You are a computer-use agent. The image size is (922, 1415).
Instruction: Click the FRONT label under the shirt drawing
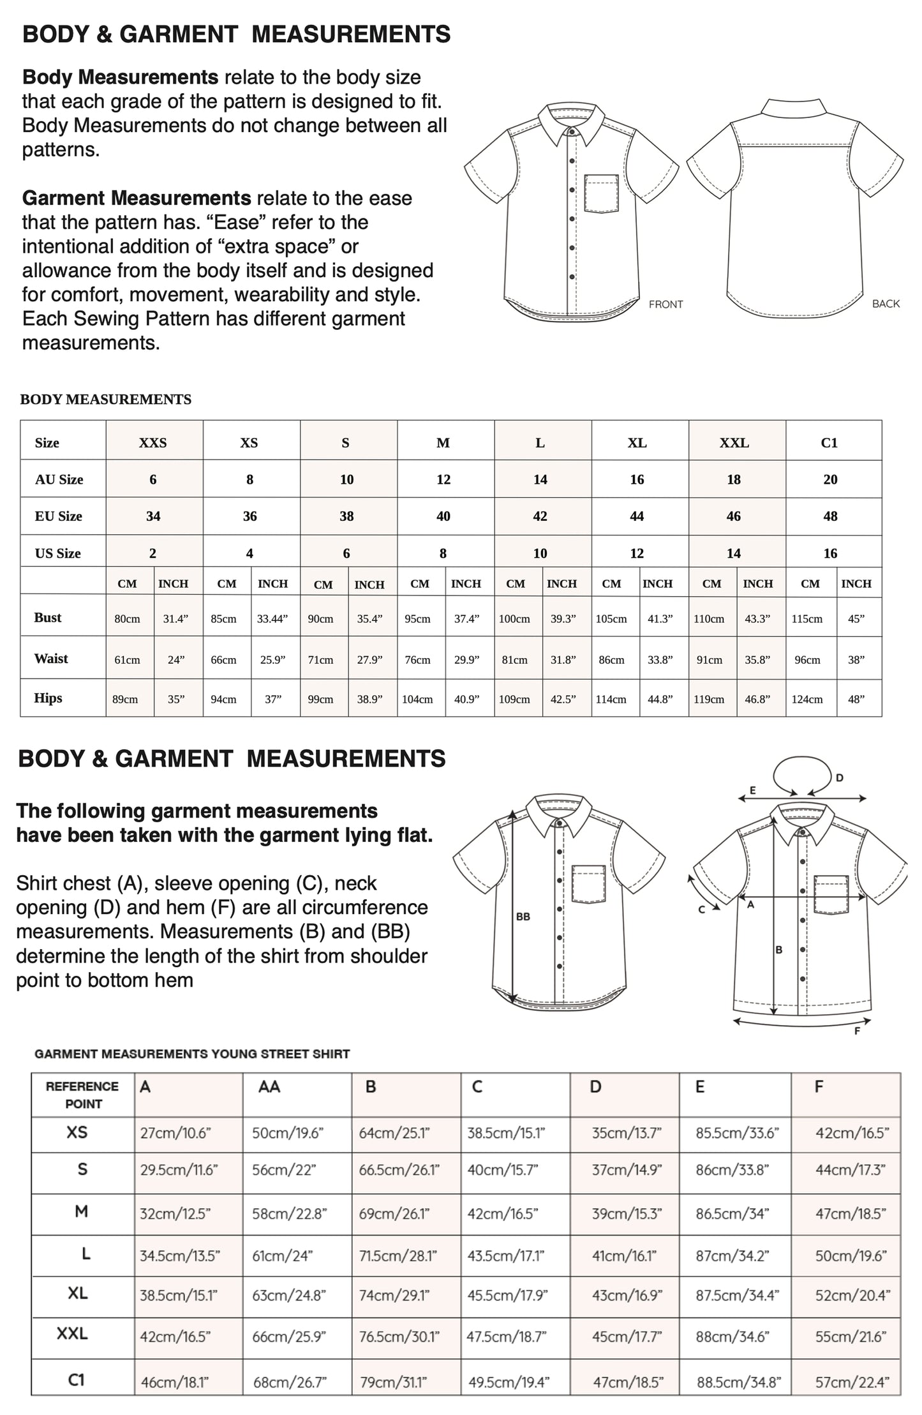665,304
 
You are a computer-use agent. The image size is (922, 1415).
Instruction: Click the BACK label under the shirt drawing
886,304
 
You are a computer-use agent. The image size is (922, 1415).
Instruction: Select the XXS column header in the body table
153,443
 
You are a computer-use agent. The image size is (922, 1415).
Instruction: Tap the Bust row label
48,617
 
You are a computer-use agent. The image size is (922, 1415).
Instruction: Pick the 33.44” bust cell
272,618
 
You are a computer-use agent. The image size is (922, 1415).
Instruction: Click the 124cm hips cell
807,699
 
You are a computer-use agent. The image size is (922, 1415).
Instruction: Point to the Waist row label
51,658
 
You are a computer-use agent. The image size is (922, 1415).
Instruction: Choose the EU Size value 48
830,516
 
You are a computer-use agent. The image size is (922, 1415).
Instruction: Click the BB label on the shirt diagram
523,917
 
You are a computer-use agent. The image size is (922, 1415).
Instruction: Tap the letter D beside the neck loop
840,777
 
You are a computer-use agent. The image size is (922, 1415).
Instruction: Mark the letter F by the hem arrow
857,1031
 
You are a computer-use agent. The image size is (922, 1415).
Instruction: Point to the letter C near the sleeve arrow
701,909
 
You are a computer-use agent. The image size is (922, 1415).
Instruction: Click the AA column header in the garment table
269,1086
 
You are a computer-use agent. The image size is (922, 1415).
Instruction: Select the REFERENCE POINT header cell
82,1095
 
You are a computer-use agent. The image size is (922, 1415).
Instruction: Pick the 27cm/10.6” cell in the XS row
175,1133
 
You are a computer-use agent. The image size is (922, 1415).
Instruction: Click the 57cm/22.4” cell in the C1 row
852,1382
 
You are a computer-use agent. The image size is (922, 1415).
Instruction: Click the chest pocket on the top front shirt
601,193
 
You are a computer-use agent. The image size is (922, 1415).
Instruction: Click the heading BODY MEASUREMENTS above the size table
106,400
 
